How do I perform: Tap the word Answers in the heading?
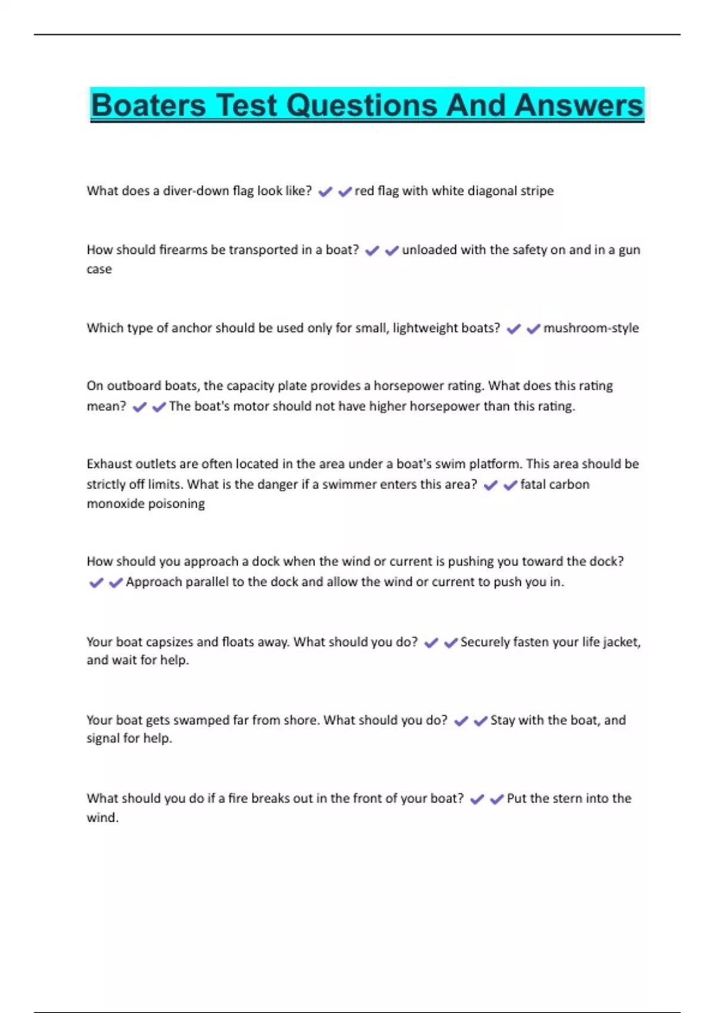point(579,105)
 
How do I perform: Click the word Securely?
point(484,642)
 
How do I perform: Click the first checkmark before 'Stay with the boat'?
point(461,721)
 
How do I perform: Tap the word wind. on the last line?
point(102,818)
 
